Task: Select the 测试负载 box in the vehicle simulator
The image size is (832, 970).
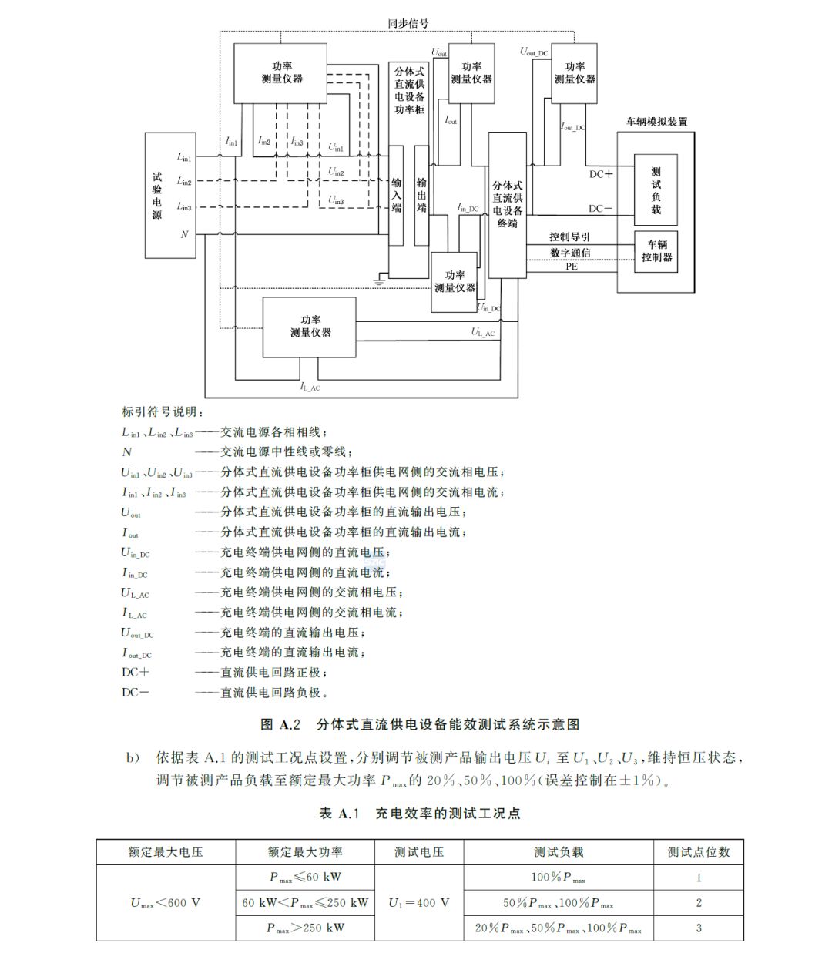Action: [x=656, y=190]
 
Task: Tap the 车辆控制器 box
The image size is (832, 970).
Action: [x=656, y=250]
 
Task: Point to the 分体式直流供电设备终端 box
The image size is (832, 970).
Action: [x=507, y=205]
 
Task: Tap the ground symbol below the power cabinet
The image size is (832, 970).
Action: [x=378, y=282]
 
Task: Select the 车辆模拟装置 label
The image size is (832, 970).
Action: [x=656, y=122]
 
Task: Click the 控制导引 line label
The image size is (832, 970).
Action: [x=569, y=237]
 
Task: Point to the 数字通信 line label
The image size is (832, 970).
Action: [x=570, y=252]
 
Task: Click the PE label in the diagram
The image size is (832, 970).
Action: [x=571, y=267]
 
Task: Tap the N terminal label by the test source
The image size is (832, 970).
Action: [x=184, y=234]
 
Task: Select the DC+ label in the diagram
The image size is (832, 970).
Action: [x=601, y=174]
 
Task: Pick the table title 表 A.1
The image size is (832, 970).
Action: [x=339, y=814]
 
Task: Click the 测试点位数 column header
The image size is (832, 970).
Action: [x=698, y=852]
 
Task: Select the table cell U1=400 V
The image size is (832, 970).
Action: [x=418, y=902]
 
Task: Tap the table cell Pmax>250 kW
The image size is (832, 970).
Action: [x=305, y=928]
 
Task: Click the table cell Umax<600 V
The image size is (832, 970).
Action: [x=166, y=902]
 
